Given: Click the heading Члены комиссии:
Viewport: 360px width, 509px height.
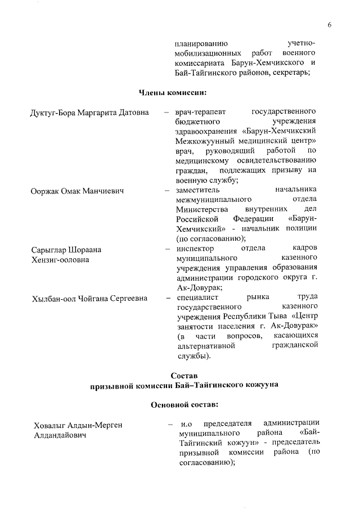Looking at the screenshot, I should point(174,92).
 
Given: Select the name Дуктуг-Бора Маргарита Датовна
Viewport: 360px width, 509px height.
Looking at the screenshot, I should point(89,112).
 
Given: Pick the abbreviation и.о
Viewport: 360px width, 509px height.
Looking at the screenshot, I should point(187,424).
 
